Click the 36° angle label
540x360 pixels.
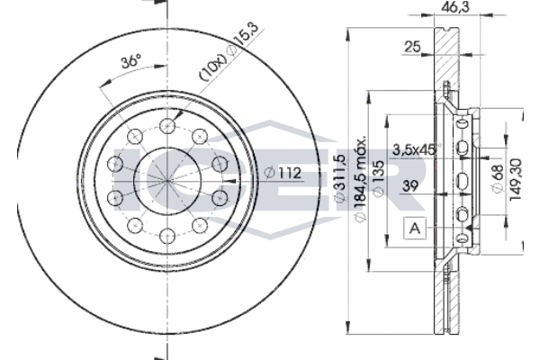131,62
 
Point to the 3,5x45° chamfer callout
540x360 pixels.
414,151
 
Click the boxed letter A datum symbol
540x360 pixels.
414,229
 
